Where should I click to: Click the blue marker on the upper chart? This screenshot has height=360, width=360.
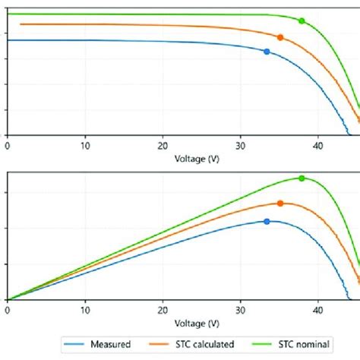coord(267,52)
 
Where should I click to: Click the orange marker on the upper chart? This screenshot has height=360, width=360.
coord(280,37)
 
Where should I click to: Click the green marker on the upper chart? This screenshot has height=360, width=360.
coord(302,21)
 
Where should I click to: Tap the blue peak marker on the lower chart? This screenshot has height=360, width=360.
coord(267,221)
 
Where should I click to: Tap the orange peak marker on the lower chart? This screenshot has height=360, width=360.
coord(280,204)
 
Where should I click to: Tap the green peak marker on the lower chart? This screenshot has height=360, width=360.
coord(302,178)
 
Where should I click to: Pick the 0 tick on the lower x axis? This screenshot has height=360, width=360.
coord(8,309)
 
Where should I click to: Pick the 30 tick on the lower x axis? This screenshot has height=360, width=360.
coord(241,309)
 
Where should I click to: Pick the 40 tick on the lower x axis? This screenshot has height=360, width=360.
coord(318,309)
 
